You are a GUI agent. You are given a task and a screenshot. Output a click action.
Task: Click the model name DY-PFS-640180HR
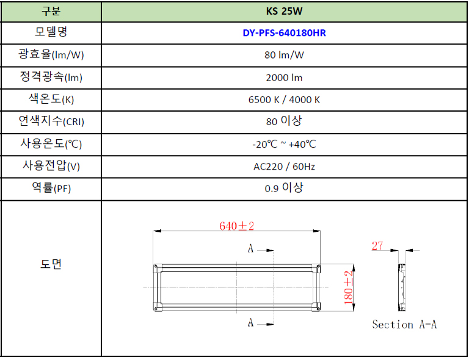[x=284, y=33]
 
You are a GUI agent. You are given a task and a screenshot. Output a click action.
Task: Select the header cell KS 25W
[x=284, y=12]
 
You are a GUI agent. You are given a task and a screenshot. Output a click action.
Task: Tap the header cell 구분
[x=51, y=11]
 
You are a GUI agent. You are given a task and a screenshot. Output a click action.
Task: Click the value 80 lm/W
[x=284, y=55]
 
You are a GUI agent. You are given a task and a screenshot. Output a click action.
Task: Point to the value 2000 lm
[x=284, y=77]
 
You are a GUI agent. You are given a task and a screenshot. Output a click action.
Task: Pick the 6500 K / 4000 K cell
[x=284, y=100]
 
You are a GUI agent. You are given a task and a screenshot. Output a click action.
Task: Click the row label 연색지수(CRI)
[x=51, y=121]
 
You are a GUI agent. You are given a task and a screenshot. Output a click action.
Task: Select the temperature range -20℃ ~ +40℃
[x=284, y=144]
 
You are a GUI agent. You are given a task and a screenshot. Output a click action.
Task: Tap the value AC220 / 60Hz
[x=284, y=167]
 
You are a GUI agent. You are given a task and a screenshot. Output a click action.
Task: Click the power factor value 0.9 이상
[x=284, y=188]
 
